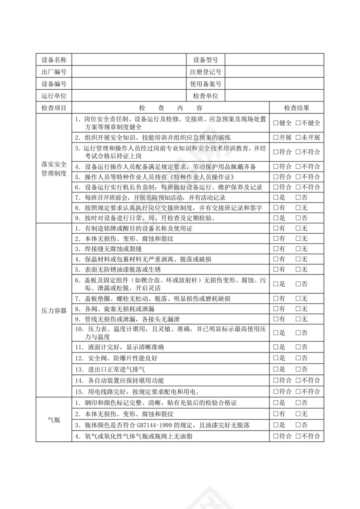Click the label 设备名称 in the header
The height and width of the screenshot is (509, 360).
click(54, 59)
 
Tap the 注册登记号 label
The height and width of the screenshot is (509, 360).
click(205, 72)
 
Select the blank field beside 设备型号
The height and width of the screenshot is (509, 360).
click(274, 59)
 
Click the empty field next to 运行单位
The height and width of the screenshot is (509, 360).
click(129, 96)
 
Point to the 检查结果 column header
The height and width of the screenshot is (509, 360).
click(297, 108)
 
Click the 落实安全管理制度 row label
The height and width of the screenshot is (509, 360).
click(54, 169)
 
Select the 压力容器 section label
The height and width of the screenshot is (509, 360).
click(54, 310)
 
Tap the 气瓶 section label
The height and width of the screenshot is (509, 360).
click(54, 419)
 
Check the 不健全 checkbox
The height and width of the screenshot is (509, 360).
click(298, 123)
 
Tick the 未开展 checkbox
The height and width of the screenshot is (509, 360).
click(298, 137)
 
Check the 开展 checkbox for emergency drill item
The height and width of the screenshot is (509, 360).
click(276, 137)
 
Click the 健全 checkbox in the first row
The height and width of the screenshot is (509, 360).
click(276, 123)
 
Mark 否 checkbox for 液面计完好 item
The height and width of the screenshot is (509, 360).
click(298, 347)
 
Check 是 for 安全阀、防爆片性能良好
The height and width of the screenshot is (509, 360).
click(276, 358)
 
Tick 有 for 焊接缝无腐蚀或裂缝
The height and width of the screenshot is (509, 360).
click(276, 248)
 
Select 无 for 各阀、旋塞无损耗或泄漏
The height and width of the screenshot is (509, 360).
click(298, 309)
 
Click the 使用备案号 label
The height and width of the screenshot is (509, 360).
click(205, 84)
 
